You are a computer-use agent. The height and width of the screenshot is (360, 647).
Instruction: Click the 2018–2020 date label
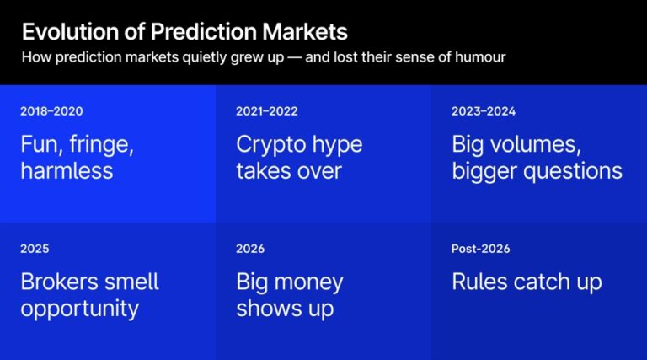tap(51, 110)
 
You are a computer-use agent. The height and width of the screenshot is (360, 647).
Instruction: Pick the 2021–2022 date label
tap(267, 110)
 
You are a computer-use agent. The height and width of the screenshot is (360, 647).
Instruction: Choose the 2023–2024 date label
tap(484, 110)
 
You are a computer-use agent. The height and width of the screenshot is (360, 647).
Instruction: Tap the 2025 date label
tap(35, 249)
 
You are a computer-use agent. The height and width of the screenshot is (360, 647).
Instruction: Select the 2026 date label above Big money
tap(250, 249)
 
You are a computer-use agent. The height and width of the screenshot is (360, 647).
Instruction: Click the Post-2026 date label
tap(481, 249)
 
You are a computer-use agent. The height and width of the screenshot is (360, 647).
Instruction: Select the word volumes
tap(537, 144)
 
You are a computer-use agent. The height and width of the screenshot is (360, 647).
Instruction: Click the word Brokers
tap(57, 282)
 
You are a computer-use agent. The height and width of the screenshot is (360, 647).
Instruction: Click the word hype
tap(335, 145)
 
